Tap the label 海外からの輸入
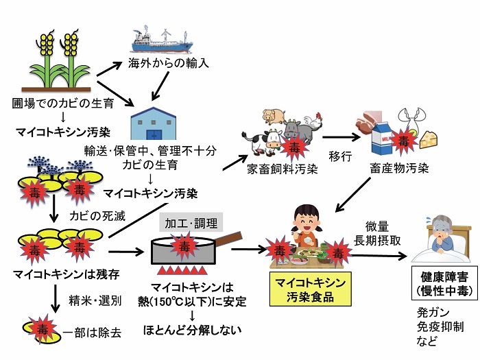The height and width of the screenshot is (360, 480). pyautogui.click(x=169, y=63)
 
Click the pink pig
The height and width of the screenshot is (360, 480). pyautogui.click(x=274, y=116)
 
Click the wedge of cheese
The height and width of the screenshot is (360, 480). pyautogui.click(x=429, y=139)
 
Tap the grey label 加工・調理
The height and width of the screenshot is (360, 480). pyautogui.click(x=191, y=223)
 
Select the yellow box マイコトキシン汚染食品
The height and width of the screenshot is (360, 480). pyautogui.click(x=310, y=289)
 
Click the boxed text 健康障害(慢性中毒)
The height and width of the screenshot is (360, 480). pyautogui.click(x=444, y=283)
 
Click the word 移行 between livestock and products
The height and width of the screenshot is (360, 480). pyautogui.click(x=340, y=156)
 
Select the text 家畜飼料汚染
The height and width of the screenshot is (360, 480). pyautogui.click(x=283, y=169)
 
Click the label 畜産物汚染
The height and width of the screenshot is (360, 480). pyautogui.click(x=399, y=168)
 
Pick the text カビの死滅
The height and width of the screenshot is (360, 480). pyautogui.click(x=97, y=216)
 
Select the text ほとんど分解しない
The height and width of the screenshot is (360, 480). pyautogui.click(x=192, y=330)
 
